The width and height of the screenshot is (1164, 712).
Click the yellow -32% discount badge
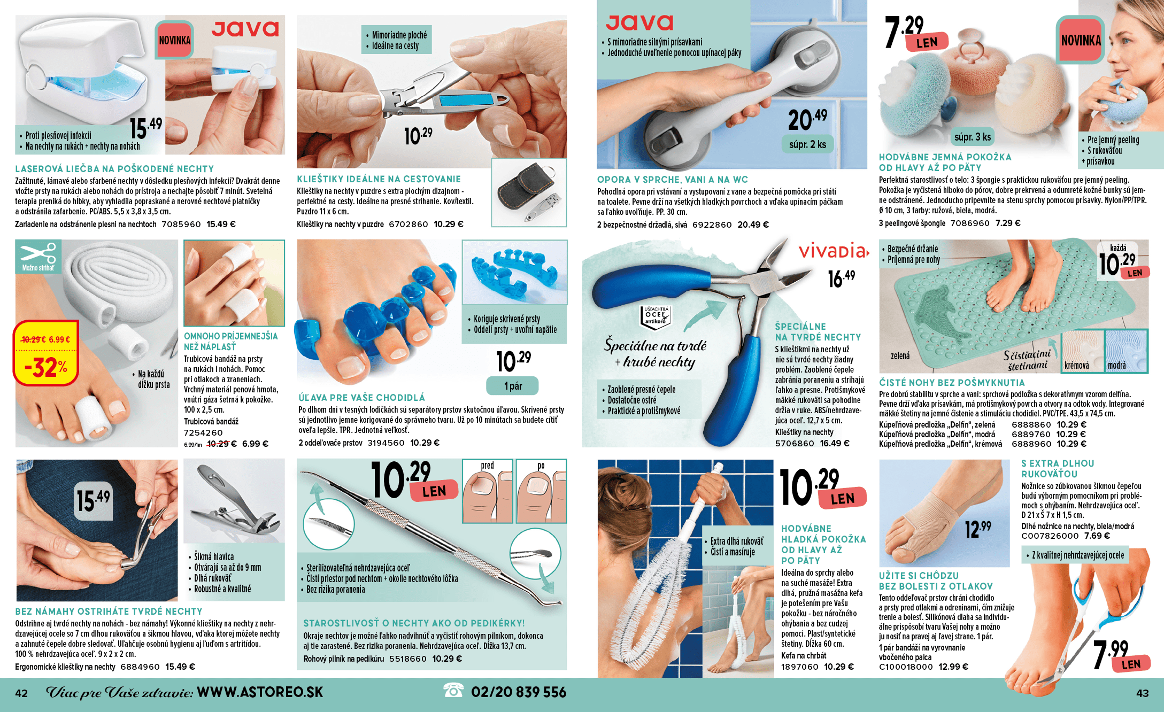coord(46,353)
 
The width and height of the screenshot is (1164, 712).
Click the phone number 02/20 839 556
coord(519,692)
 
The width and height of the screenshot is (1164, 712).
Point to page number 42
coord(21,693)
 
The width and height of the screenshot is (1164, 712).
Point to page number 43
coord(1142,693)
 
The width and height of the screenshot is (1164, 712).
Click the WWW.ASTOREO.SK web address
coord(260,692)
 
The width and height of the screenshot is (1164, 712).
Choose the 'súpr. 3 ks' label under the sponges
coord(973,137)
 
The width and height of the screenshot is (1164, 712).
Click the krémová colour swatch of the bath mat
coord(1082,351)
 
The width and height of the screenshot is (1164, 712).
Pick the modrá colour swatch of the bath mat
coord(1126,351)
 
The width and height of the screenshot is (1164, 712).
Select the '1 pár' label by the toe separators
coord(512,385)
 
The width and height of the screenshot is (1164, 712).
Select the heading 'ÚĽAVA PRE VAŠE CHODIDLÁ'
coord(361,398)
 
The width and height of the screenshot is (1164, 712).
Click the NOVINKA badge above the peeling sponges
coord(1081,40)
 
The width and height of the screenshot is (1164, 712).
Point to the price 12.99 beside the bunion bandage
coord(978,529)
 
